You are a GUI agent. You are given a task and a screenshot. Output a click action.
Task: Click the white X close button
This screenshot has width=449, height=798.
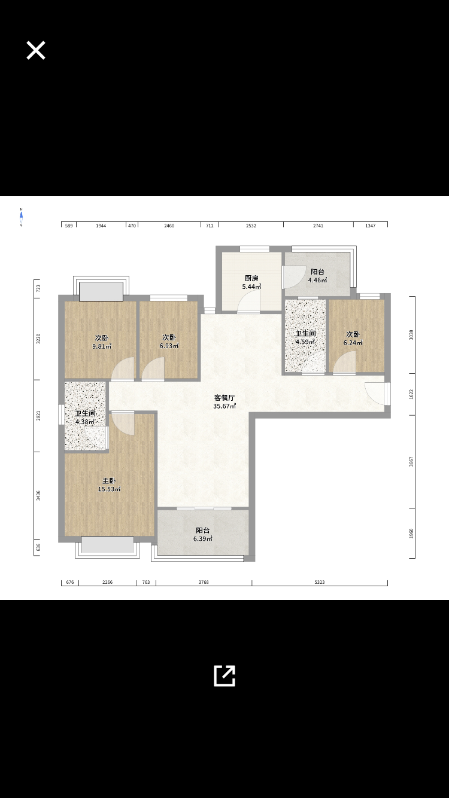coord(36,51)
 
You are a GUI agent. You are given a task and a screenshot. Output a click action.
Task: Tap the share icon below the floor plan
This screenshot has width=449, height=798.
coord(224,675)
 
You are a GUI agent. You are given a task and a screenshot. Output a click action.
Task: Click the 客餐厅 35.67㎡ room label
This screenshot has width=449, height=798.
coord(224,401)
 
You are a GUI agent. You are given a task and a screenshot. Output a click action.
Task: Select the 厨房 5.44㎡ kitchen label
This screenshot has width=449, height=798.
coord(251,282)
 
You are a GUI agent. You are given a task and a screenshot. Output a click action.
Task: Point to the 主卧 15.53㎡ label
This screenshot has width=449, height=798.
coord(109,485)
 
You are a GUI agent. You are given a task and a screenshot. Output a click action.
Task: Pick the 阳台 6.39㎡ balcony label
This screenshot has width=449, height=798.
coord(203,534)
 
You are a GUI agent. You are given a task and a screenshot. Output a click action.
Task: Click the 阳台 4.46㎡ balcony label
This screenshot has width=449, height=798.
coord(317,276)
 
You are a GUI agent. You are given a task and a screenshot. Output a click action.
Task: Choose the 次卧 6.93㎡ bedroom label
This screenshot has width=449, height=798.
coord(169,342)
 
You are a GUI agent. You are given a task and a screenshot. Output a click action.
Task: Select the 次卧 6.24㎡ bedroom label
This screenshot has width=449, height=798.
coord(353,339)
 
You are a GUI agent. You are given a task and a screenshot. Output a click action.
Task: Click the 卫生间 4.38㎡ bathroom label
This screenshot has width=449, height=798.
coord(85,418)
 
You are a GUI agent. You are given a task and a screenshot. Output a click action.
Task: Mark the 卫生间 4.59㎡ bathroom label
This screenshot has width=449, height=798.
coord(305,338)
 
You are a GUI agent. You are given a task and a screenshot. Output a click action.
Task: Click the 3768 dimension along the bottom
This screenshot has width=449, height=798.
coord(204,581)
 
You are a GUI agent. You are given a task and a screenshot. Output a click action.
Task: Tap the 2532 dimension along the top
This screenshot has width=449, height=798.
coord(251,226)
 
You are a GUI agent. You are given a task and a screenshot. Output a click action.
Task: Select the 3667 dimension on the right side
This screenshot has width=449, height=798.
coord(411,462)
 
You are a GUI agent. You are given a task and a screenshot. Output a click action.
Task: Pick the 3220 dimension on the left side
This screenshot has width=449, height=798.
coord(38,339)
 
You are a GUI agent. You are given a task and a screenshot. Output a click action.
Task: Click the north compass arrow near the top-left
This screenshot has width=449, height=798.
coord(21,217)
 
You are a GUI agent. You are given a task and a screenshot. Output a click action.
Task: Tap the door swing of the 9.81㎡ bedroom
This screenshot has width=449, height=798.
coord(125,368)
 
